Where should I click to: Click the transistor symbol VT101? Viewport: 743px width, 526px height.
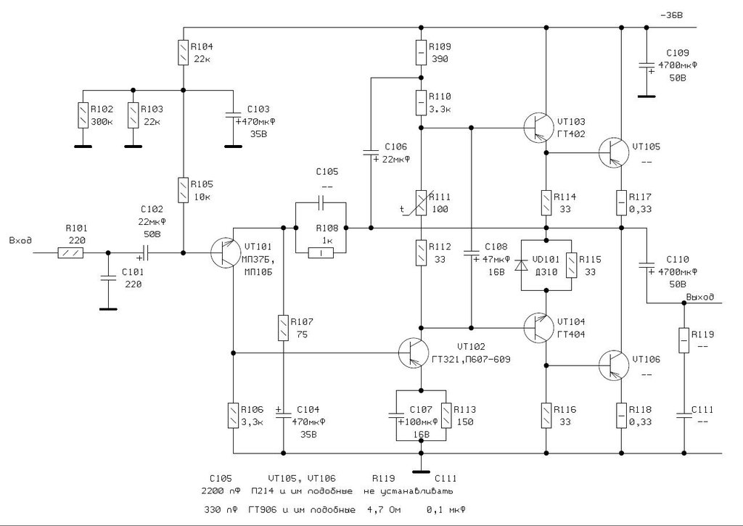click(224, 252)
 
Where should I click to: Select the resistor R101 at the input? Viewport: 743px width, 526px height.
click(71, 252)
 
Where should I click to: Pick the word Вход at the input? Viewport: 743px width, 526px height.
click(20, 240)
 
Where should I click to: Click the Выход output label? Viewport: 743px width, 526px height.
click(699, 297)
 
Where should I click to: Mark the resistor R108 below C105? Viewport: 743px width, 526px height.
click(321, 252)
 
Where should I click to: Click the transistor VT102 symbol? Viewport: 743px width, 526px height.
click(413, 353)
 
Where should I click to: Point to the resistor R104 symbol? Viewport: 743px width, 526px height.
click(183, 52)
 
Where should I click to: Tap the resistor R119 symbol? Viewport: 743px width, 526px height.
click(684, 340)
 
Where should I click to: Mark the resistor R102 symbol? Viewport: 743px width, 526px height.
click(83, 115)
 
